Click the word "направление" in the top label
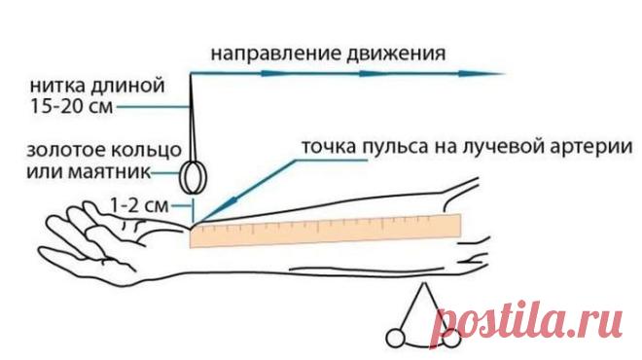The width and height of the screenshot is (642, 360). point(276,54)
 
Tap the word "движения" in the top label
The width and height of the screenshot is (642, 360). point(396,54)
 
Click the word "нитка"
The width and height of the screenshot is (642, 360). point(57,86)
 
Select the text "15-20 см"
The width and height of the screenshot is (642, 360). point(72,106)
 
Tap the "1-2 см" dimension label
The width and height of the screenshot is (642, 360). point(139,205)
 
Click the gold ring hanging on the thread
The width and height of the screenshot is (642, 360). point(194,177)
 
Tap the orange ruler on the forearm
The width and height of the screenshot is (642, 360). point(326,231)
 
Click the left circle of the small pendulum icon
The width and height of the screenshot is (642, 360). point(396,339)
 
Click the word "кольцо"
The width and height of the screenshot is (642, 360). point(147,151)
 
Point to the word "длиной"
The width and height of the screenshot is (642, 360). point(127,87)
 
